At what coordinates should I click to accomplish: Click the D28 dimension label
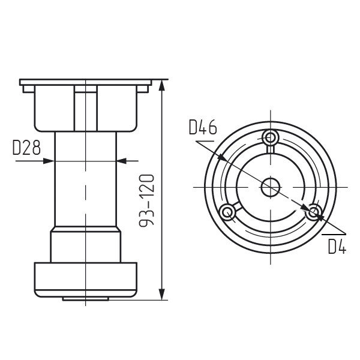(x=26, y=148)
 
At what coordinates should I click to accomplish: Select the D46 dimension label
(x=203, y=127)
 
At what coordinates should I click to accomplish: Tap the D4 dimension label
(x=337, y=247)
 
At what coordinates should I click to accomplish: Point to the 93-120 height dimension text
(x=147, y=200)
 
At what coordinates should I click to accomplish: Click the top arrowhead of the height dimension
(x=162, y=86)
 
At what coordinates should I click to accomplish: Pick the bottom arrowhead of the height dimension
(x=162, y=294)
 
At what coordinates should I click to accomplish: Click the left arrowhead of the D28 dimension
(x=49, y=161)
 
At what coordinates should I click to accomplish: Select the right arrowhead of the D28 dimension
(x=122, y=161)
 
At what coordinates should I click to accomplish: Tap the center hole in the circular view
(x=271, y=187)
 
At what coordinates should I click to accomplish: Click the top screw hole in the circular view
(x=270, y=138)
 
